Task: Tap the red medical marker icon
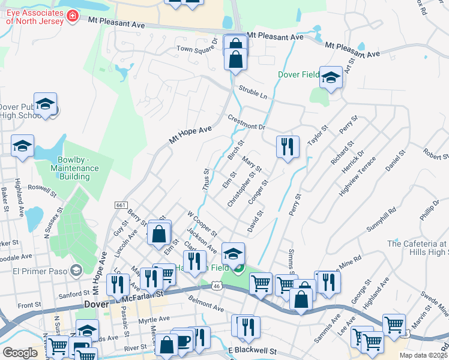pyautogui.click(x=73, y=14)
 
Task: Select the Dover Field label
pyautogui.click(x=298, y=75)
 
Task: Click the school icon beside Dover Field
pyautogui.click(x=331, y=78)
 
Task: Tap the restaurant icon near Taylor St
pyautogui.click(x=288, y=147)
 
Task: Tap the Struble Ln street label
pyautogui.click(x=252, y=91)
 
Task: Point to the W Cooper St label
pyautogui.click(x=201, y=223)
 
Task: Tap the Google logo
pyautogui.click(x=20, y=353)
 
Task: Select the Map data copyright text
pyautogui.click(x=423, y=355)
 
